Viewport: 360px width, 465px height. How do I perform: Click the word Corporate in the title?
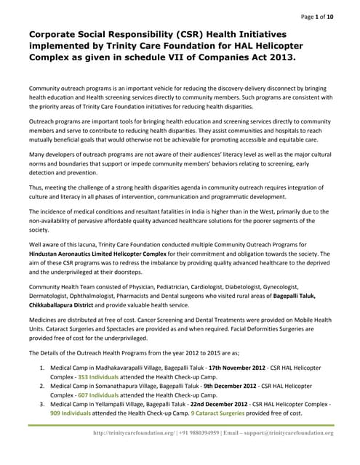tap(59, 34)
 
